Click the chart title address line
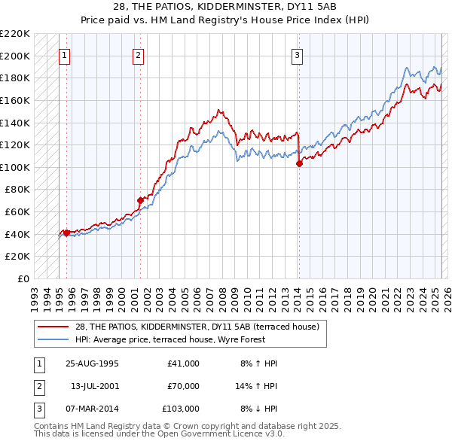(225, 6)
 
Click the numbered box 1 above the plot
(65, 54)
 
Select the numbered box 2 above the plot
(139, 54)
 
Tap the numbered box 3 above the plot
(298, 54)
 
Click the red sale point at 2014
(299, 163)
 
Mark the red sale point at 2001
(140, 200)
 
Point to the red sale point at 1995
(66, 233)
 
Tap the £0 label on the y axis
(23, 278)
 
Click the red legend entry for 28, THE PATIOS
(197, 327)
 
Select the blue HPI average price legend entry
(180, 339)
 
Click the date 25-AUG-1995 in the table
(92, 363)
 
